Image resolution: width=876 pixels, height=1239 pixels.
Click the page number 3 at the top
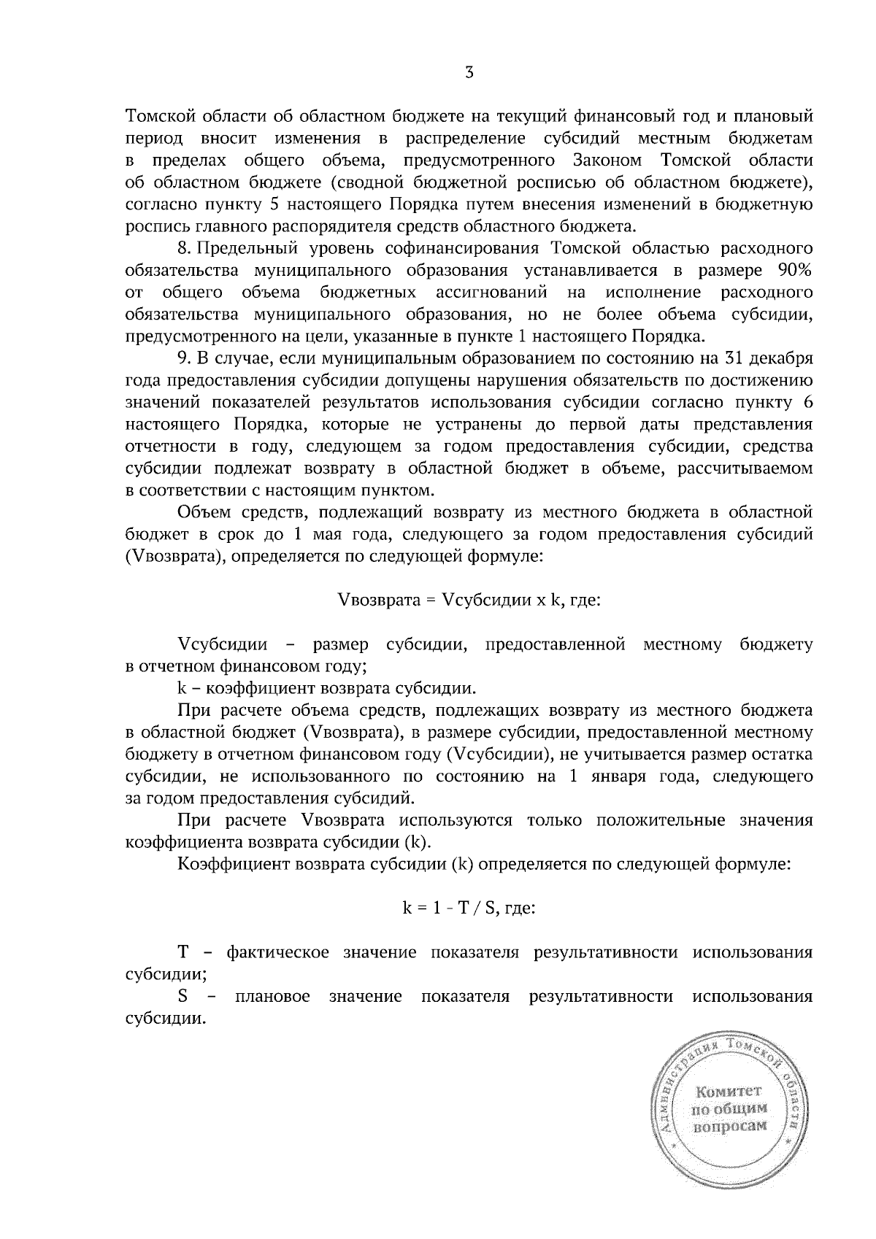469,72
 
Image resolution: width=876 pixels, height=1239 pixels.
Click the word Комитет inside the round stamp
728,1092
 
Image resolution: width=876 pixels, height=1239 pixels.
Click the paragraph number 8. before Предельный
184,249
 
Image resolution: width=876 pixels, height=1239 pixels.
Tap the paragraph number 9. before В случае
184,359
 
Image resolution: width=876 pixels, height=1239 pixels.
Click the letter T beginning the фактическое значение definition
183,953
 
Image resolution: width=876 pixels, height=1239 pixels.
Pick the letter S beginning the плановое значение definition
182,997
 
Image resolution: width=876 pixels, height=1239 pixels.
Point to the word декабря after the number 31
782,359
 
